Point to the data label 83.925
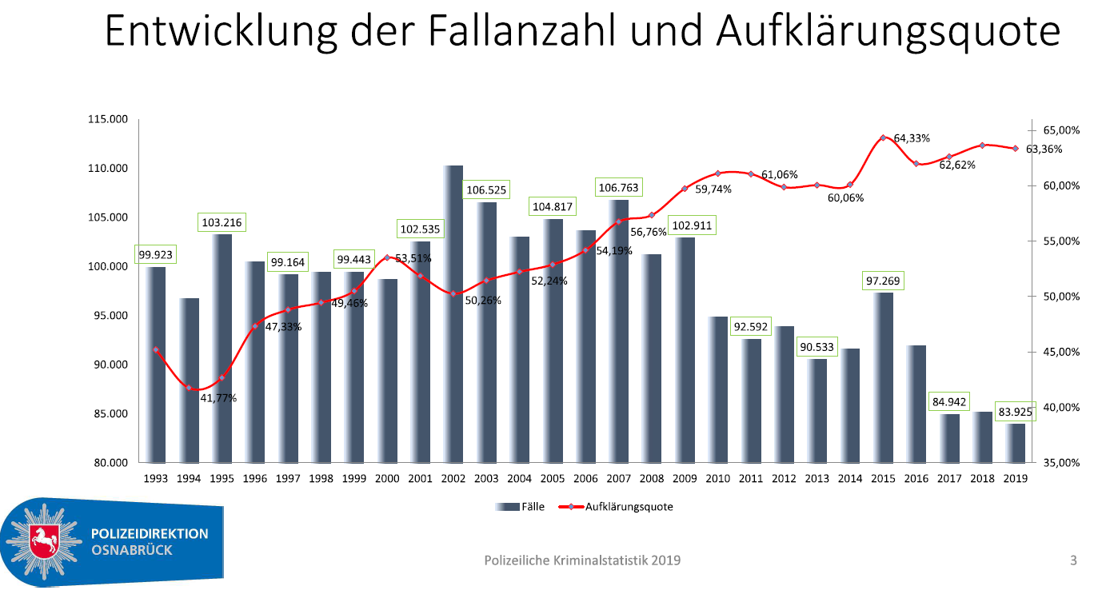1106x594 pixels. click(x=1015, y=413)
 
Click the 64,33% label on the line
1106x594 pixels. click(x=912, y=138)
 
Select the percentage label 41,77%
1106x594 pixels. click(x=218, y=398)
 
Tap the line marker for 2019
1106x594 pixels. click(x=1015, y=148)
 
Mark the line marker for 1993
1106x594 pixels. click(x=156, y=350)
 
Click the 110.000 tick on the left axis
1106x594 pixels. click(x=108, y=169)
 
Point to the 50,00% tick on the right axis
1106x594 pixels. click(x=1058, y=297)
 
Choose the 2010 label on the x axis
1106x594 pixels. click(x=717, y=479)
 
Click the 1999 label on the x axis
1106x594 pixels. click(x=354, y=479)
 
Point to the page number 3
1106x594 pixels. click(x=1073, y=560)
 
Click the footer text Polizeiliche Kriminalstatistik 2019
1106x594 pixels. click(x=582, y=560)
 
